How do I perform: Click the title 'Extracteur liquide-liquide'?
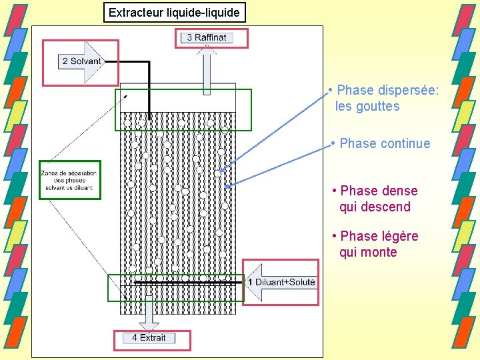174,13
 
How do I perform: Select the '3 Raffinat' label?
207,37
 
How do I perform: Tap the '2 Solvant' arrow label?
81,61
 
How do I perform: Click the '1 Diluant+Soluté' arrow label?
281,283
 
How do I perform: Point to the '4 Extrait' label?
149,338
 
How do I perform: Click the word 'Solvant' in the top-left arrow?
86,61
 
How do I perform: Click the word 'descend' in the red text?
384,207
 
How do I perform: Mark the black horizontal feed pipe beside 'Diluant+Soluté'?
187,283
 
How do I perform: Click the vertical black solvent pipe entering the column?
148,90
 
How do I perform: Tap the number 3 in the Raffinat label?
189,37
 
